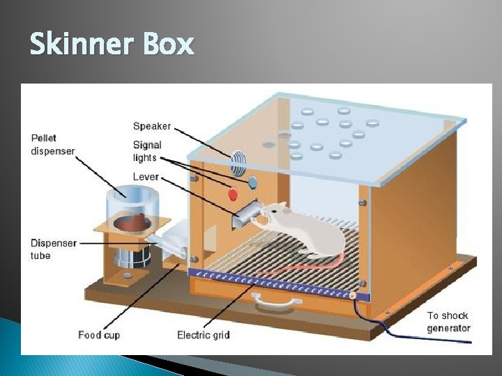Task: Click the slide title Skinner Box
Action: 112,45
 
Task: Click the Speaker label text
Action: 151,126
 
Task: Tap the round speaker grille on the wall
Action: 238,164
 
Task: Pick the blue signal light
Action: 252,182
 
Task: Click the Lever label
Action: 146,177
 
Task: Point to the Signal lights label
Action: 146,151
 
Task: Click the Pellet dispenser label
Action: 52,143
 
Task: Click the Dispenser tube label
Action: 54,249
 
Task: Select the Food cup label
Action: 99,336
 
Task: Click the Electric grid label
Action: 204,336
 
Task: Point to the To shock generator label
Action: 448,322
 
